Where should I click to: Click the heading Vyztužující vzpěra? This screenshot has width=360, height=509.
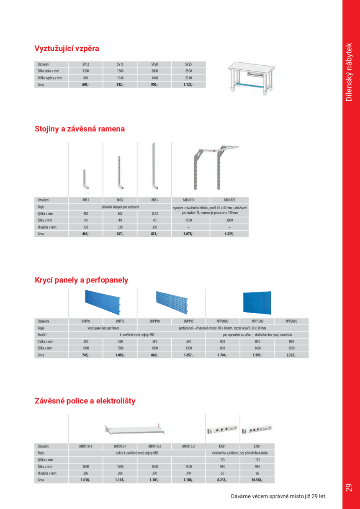click(x=67, y=49)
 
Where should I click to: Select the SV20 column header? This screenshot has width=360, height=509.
click(x=154, y=64)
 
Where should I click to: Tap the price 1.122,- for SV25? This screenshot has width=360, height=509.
click(x=188, y=85)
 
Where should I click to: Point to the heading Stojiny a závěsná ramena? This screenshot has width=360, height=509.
click(x=80, y=129)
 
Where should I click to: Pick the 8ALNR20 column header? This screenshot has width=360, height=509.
click(x=230, y=200)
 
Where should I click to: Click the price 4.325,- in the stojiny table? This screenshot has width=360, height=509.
click(x=230, y=234)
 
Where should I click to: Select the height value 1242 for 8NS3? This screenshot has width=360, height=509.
click(x=154, y=213)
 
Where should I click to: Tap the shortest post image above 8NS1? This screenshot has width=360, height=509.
click(x=85, y=179)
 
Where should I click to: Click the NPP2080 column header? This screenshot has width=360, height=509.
click(x=291, y=321)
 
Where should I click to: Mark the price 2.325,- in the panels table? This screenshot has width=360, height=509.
click(x=291, y=355)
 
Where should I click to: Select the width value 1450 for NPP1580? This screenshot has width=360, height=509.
click(x=257, y=348)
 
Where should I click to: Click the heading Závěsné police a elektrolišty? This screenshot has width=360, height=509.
click(x=85, y=401)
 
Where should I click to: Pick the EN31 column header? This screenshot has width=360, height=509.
click(x=257, y=446)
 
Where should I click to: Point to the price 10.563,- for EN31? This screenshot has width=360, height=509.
click(x=257, y=480)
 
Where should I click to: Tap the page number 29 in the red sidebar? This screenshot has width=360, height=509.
click(x=349, y=488)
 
